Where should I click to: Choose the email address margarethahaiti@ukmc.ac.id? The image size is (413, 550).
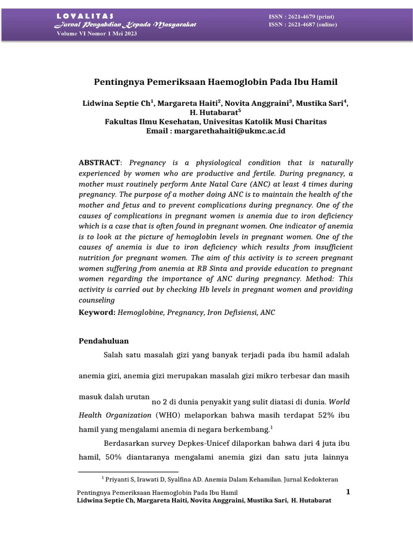231,131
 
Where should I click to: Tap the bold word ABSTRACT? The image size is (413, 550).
100,162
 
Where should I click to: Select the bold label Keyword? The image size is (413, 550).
97,312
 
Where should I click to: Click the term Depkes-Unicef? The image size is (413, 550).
214,443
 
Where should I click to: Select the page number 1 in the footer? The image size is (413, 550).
348,492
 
